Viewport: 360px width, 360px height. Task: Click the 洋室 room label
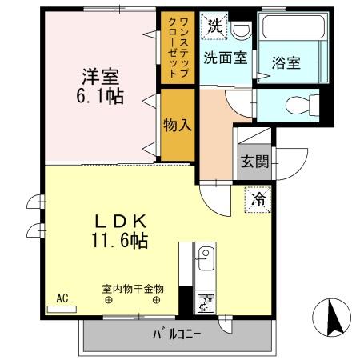[x=100, y=78]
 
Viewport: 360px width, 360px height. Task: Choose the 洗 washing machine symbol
[x=214, y=25]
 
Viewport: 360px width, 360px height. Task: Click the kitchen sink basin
[x=205, y=257]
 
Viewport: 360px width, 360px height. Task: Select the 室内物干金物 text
[x=132, y=288]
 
